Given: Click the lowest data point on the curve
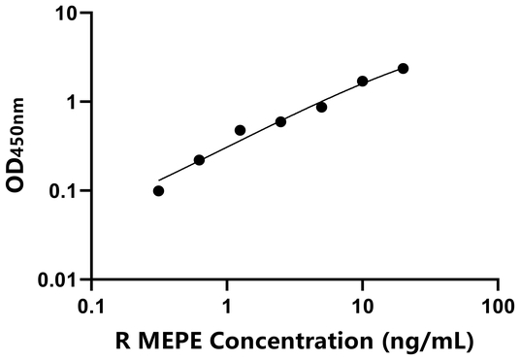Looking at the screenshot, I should tap(159, 191).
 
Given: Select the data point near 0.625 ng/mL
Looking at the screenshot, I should tap(199, 160).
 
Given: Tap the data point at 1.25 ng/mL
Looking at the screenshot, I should tap(240, 130).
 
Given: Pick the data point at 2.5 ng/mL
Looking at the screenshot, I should tap(280, 122).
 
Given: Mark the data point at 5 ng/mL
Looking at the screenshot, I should tap(321, 107).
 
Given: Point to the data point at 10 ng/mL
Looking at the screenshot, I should tap(362, 82).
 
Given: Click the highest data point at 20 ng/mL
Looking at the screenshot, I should tap(403, 68).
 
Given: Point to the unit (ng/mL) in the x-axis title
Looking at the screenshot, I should tap(427, 341).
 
